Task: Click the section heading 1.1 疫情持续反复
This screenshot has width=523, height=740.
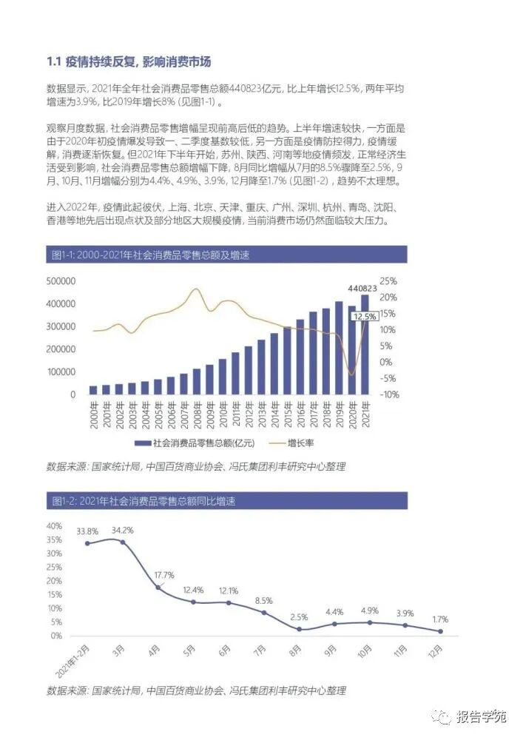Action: click(133, 61)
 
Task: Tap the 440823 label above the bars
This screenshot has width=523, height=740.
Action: click(362, 288)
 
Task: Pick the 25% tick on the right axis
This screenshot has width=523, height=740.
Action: click(390, 281)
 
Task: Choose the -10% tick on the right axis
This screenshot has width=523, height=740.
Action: click(390, 394)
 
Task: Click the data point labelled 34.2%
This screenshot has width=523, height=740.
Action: click(123, 542)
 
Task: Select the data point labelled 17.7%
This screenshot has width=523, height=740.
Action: click(158, 588)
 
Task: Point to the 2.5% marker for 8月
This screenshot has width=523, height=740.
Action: click(299, 629)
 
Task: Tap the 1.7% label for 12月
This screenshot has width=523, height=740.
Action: click(439, 619)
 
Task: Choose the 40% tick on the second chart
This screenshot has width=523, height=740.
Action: click(54, 525)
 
